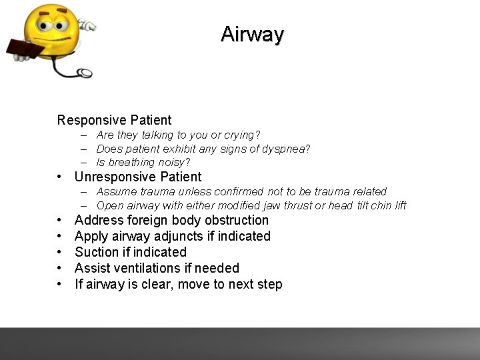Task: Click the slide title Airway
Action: pyautogui.click(x=252, y=34)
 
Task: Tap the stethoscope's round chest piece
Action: pyautogui.click(x=85, y=73)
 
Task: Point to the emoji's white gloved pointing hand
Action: pyautogui.click(x=87, y=25)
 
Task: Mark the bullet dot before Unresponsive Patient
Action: pyautogui.click(x=60, y=177)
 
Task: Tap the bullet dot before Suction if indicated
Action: pyautogui.click(x=60, y=253)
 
